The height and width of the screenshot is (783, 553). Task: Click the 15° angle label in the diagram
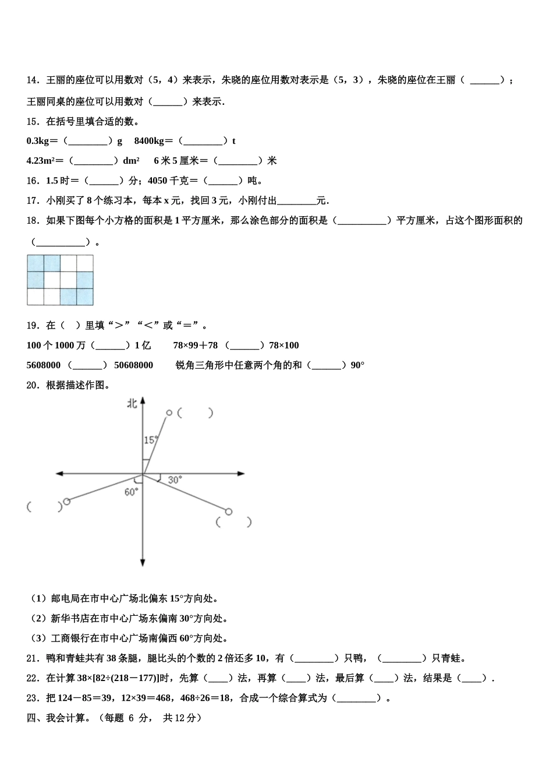(x=150, y=440)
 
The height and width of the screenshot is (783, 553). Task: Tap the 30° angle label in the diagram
(x=175, y=480)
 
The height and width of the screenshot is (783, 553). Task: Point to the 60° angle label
(x=131, y=492)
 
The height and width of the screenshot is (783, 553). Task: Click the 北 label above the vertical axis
(x=133, y=403)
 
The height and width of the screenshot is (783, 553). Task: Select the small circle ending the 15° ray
(x=169, y=413)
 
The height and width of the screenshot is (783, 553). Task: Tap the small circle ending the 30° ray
(x=229, y=512)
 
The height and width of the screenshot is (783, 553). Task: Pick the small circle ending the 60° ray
(x=66, y=501)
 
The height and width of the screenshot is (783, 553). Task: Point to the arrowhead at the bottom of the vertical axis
(x=143, y=562)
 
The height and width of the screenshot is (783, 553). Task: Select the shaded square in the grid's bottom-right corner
(x=85, y=297)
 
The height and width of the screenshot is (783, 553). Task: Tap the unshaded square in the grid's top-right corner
(x=85, y=263)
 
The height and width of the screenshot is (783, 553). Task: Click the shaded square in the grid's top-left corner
(x=36, y=263)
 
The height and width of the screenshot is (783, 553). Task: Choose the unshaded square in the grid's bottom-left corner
(x=36, y=297)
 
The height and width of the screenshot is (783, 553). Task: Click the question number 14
(x=32, y=80)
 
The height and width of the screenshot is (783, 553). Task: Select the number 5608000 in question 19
(x=44, y=365)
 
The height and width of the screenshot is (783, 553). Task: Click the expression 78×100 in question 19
(x=284, y=345)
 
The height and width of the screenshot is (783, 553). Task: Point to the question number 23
(x=32, y=698)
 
